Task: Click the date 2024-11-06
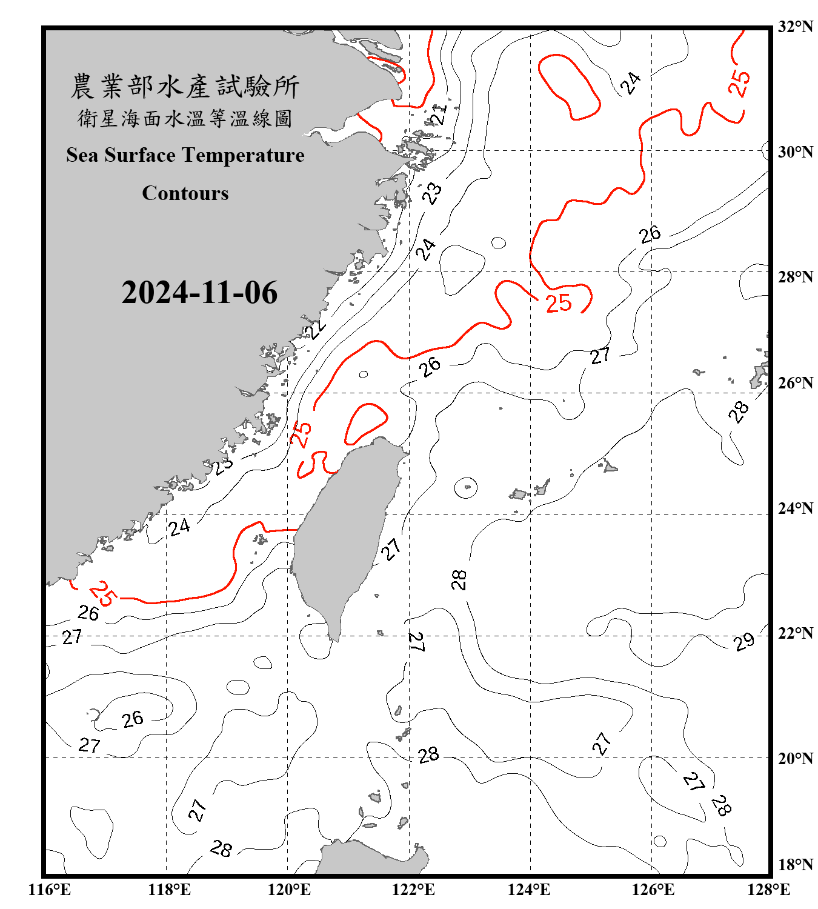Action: (x=199, y=293)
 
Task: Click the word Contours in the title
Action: (x=185, y=193)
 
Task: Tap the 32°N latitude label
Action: (x=795, y=27)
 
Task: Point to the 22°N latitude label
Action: (x=795, y=633)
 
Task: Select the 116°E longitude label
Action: (x=50, y=890)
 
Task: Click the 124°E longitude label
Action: (x=529, y=890)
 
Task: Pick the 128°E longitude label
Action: (x=768, y=890)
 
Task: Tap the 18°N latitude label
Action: (x=795, y=865)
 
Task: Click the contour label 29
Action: (x=744, y=641)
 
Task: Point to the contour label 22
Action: (x=315, y=329)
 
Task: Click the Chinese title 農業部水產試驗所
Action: (x=185, y=87)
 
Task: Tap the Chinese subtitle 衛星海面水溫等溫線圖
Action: (x=185, y=119)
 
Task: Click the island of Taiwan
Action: (x=345, y=533)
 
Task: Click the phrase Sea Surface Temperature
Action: (x=185, y=155)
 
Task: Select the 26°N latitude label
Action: (x=795, y=383)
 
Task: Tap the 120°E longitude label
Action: (x=289, y=890)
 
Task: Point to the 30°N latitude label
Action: (x=795, y=152)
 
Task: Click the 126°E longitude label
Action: (x=653, y=890)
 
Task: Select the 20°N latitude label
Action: (x=795, y=758)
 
